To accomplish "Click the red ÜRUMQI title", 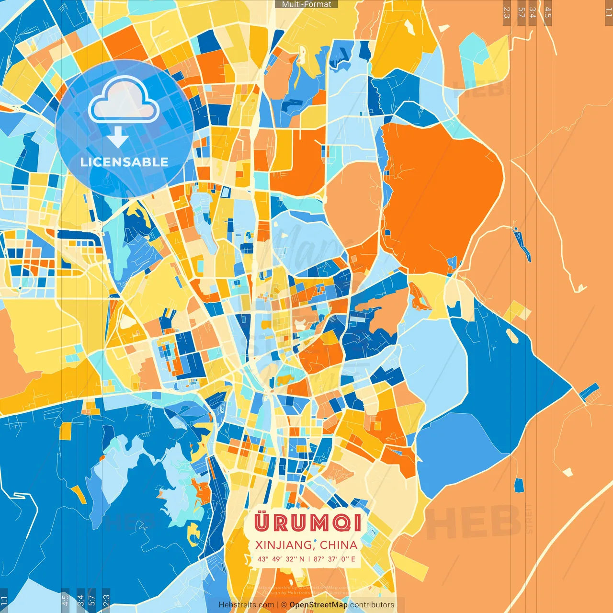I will click(x=307, y=522).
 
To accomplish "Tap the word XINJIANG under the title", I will click(x=283, y=545).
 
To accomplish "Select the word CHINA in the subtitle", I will click(x=339, y=545).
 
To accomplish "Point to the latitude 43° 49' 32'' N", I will click(x=281, y=559).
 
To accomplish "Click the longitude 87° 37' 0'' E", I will click(x=334, y=559).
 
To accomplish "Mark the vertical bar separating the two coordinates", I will click(x=309, y=559).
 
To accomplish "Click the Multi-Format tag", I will click(x=306, y=4).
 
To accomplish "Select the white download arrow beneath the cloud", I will click(x=118, y=138).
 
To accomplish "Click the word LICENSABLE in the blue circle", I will click(x=125, y=162).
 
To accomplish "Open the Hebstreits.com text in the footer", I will click(x=246, y=605).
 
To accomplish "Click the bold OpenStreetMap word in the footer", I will click(x=318, y=605).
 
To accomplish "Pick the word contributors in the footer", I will click(x=372, y=605).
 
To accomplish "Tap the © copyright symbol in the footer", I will click(x=284, y=605).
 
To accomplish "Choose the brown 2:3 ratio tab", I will click(x=507, y=12).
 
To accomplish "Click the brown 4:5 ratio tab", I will click(x=548, y=12).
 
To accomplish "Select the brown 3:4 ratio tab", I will click(x=533, y=12).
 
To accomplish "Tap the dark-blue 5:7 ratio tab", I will click(x=92, y=600).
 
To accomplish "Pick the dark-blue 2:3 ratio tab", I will click(x=106, y=600).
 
